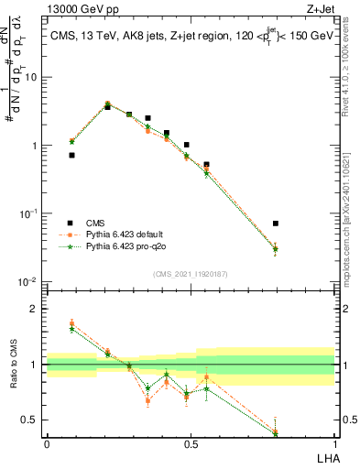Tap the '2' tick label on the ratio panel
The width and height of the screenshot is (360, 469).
[35, 309]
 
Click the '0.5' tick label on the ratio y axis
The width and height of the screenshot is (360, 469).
[30, 420]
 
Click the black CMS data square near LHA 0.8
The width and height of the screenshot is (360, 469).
[276, 224]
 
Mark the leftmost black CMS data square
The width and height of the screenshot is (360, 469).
[71, 156]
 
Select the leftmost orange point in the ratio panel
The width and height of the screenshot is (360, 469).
[71, 322]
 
